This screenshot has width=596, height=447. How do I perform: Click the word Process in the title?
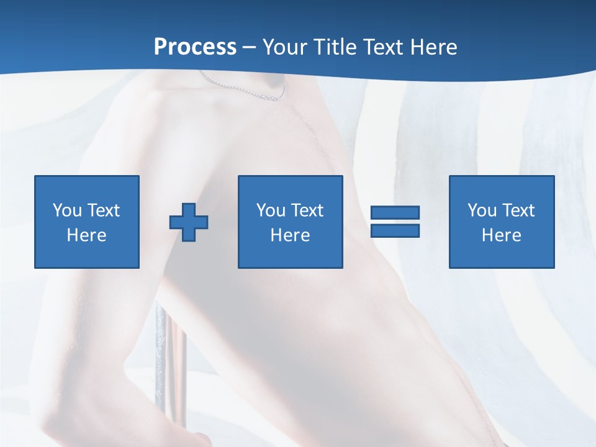coord(195,47)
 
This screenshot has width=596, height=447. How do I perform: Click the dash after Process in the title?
coord(250,48)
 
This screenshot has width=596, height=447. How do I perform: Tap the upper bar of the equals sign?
coord(395,212)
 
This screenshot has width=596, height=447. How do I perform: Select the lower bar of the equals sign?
coord(395,231)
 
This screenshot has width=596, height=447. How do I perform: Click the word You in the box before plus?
coord(67,210)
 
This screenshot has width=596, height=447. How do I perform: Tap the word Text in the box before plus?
coord(102,210)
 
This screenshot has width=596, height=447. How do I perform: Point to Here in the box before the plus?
coord(87,235)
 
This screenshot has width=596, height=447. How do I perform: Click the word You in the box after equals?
coord(482,210)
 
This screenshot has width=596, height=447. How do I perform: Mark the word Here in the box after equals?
coord(502,235)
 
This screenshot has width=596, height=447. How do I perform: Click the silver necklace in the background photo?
coord(248,90)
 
